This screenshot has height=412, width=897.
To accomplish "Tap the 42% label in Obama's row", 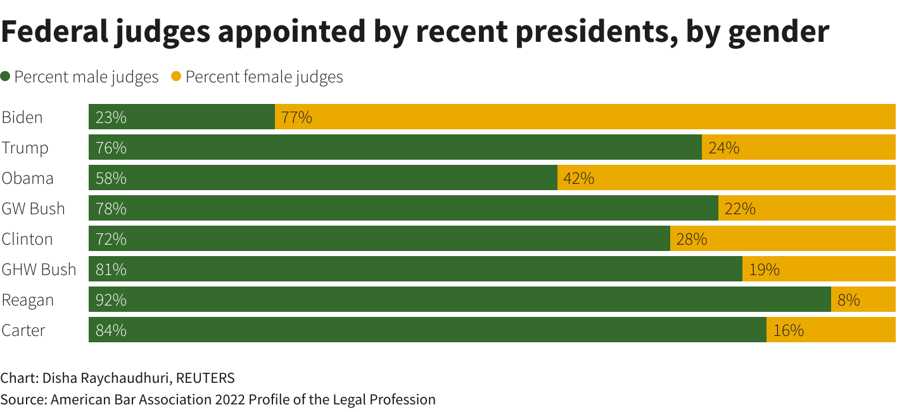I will pyautogui.click(x=578, y=178).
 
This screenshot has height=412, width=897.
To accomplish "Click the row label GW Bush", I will pyautogui.click(x=33, y=209).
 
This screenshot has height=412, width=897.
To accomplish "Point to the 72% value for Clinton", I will pyautogui.click(x=111, y=239).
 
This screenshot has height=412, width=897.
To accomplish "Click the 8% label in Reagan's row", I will pyautogui.click(x=848, y=300).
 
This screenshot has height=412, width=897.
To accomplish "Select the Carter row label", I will pyautogui.click(x=23, y=330).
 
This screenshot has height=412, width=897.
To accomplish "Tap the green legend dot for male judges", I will pyautogui.click(x=6, y=77).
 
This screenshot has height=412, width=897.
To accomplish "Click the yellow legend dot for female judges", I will pyautogui.click(x=177, y=77).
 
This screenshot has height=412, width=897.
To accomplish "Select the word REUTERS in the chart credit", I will pyautogui.click(x=205, y=378).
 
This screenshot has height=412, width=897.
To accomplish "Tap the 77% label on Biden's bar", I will pyautogui.click(x=296, y=117).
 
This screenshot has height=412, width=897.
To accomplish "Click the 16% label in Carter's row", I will pyautogui.click(x=788, y=330).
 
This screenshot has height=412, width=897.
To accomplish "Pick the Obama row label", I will pyautogui.click(x=27, y=178).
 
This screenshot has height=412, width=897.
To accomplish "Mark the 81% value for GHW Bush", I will pyautogui.click(x=111, y=269).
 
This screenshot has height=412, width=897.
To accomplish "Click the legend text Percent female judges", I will pyautogui.click(x=264, y=77).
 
